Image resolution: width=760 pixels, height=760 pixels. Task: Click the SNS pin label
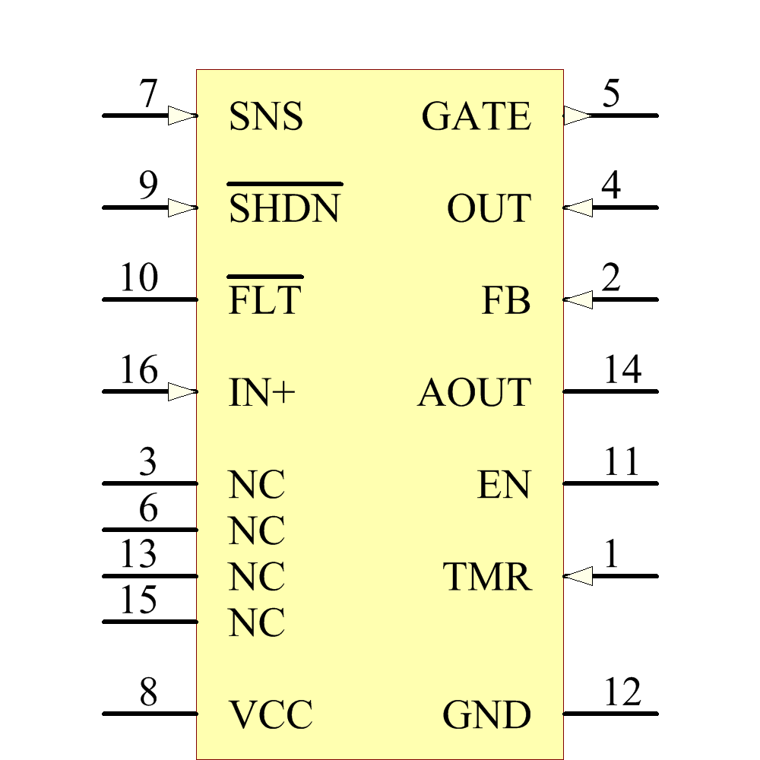pyautogui.click(x=265, y=117)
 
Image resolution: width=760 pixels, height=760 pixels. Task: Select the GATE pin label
pyautogui.click(x=476, y=117)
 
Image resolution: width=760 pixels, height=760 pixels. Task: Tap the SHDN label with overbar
pyautogui.click(x=284, y=208)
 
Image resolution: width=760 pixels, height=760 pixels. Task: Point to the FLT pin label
pyautogui.click(x=264, y=300)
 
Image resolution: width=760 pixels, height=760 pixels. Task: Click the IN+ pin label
pyautogui.click(x=261, y=393)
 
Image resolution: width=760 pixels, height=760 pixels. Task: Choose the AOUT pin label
pyautogui.click(x=474, y=393)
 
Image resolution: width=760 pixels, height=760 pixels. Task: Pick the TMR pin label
pyautogui.click(x=487, y=577)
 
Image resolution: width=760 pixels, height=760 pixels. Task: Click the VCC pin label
pyautogui.click(x=271, y=715)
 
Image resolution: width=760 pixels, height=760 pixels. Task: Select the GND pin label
pyautogui.click(x=486, y=715)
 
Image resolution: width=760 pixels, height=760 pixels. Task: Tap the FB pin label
pyautogui.click(x=506, y=301)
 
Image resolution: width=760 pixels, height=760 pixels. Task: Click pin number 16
pyautogui.click(x=139, y=371)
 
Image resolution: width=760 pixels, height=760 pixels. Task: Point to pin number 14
pyautogui.click(x=622, y=371)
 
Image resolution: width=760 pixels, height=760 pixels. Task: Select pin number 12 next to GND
pyautogui.click(x=622, y=692)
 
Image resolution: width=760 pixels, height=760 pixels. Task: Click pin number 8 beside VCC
pyautogui.click(x=148, y=692)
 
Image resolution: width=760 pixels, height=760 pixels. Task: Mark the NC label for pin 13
pyautogui.click(x=257, y=577)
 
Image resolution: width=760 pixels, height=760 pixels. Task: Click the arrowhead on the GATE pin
pyautogui.click(x=577, y=116)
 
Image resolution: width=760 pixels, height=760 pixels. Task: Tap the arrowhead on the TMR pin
pyautogui.click(x=578, y=576)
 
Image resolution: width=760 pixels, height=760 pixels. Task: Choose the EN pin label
pyautogui.click(x=504, y=485)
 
